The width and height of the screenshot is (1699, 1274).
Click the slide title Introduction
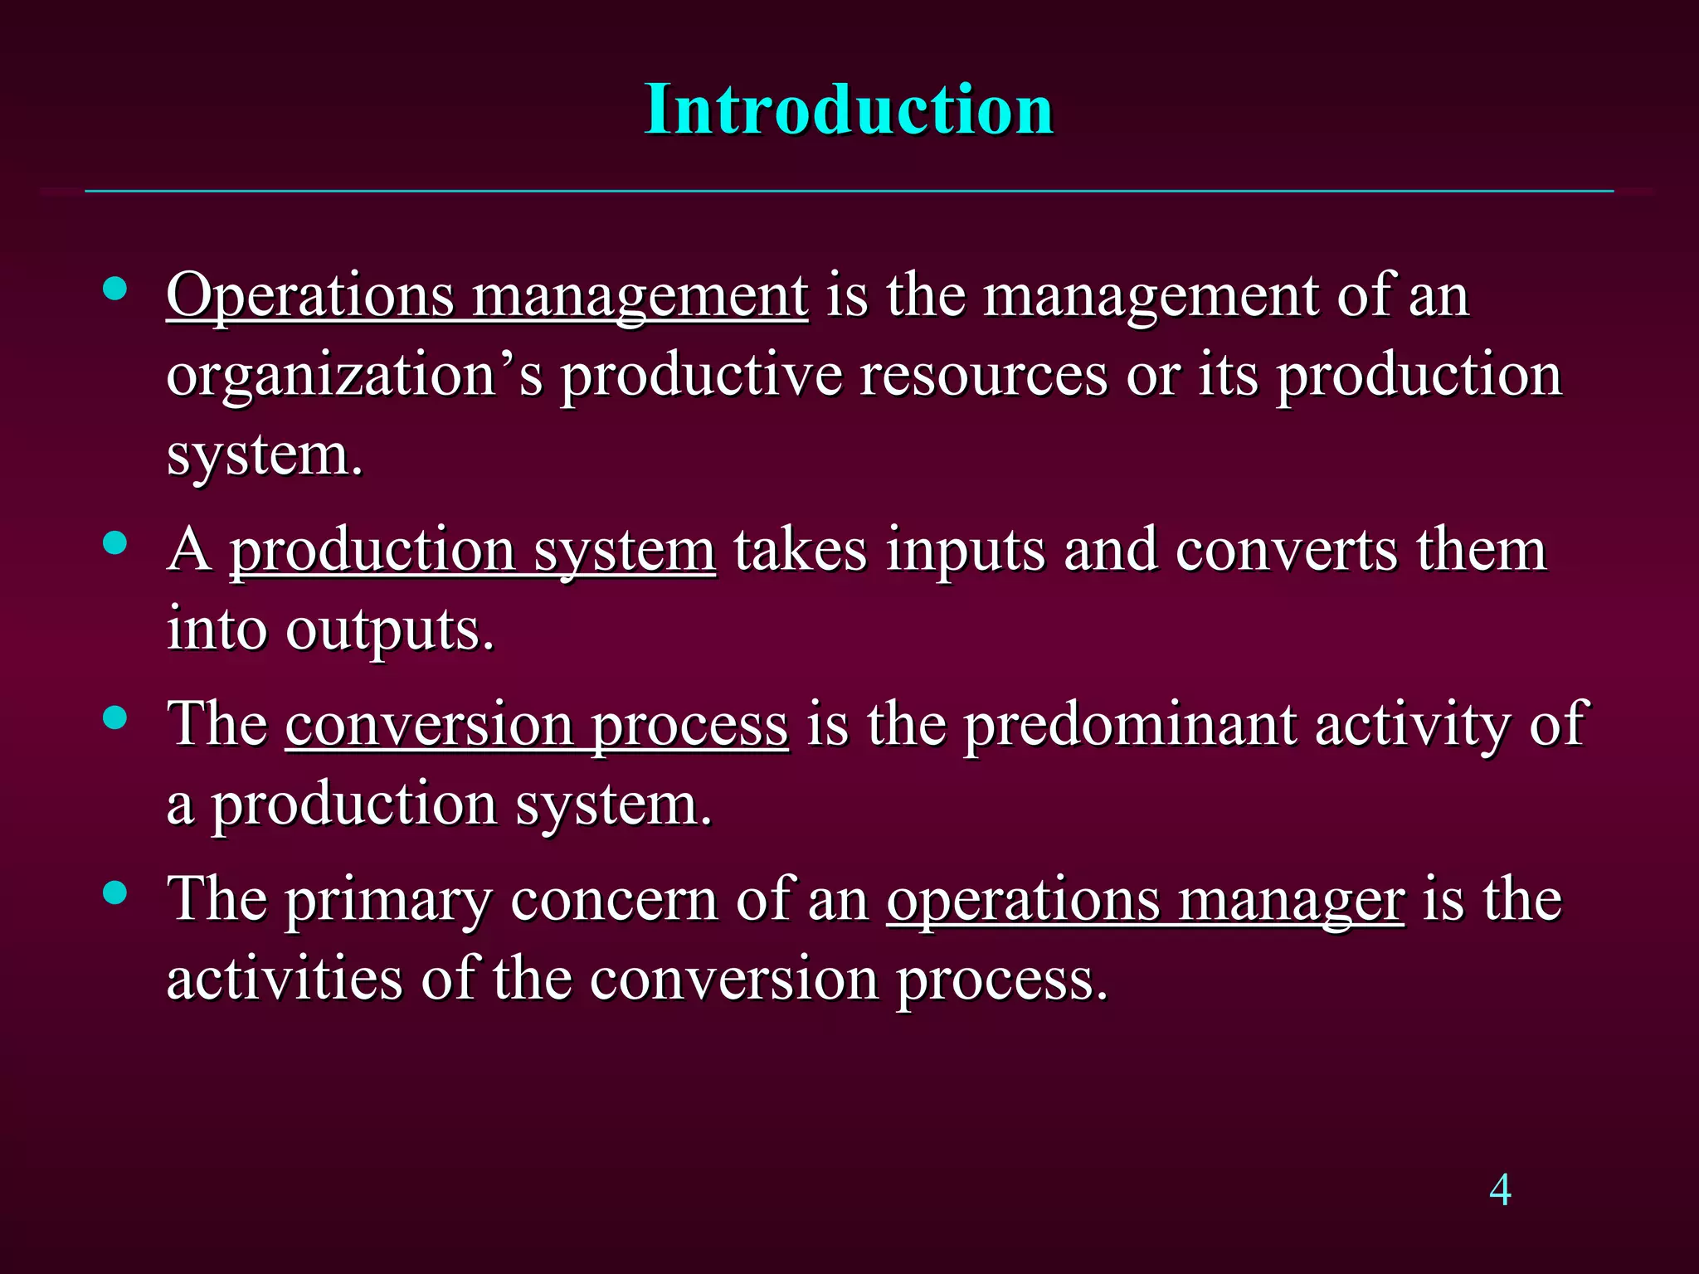point(849,109)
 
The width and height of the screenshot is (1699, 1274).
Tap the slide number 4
point(1500,1190)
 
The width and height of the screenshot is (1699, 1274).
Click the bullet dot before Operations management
point(115,289)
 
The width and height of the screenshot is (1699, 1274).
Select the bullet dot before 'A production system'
point(115,543)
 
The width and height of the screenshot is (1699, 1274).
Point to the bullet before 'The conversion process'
point(115,718)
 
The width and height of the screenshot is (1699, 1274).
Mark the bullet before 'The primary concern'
point(115,893)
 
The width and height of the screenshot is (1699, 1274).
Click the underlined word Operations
point(310,296)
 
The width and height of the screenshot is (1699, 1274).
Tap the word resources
point(983,376)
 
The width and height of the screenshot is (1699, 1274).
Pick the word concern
point(614,900)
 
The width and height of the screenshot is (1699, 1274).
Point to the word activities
point(285,979)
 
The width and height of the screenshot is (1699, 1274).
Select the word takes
point(800,551)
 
